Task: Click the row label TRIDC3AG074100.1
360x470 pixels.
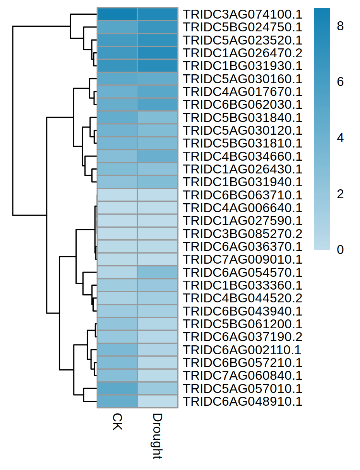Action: pos(242,14)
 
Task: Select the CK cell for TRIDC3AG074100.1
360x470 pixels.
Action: pos(117,14)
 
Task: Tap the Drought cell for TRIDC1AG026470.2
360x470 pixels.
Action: pos(158,53)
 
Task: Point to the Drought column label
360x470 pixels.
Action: pos(157,436)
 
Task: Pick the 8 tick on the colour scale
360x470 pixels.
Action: pos(340,26)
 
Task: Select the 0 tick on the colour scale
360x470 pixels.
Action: pos(340,250)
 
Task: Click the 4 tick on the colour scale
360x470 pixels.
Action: pos(340,138)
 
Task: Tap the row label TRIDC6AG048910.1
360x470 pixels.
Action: pos(242,401)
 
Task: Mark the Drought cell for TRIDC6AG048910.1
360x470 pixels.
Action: pos(158,401)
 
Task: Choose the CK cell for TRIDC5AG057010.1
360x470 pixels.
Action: pos(117,388)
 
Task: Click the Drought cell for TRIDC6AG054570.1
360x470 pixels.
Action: pos(158,272)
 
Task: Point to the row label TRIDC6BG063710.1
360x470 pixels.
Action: pos(242,195)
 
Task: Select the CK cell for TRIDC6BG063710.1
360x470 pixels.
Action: pos(117,195)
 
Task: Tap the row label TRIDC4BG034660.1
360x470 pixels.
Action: pos(242,156)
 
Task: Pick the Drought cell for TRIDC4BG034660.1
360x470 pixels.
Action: pos(158,156)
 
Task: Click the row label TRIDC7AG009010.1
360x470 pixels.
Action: pos(242,259)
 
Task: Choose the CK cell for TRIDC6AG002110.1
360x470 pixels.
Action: pos(117,350)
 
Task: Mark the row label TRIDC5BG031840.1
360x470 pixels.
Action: pos(242,117)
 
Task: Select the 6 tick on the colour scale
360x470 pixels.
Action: pos(340,82)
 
